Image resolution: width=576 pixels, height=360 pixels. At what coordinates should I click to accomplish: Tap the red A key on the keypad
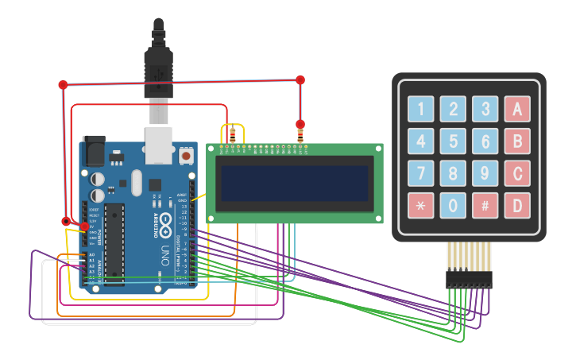[x=517, y=109]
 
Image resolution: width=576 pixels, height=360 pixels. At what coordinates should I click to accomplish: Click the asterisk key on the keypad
[x=421, y=206]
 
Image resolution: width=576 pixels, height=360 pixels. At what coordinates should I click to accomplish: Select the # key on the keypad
[x=485, y=206]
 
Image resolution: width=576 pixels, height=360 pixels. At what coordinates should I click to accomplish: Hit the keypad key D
[x=517, y=206]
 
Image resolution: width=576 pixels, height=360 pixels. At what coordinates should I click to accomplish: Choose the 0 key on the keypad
[x=453, y=206]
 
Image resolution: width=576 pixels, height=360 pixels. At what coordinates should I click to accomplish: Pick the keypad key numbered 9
[x=485, y=173]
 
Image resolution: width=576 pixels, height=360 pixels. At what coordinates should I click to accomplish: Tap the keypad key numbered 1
[x=421, y=109]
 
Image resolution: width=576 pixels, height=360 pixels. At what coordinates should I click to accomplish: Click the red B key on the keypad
[x=517, y=141]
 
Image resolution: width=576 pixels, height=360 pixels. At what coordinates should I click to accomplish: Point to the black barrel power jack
[x=93, y=151]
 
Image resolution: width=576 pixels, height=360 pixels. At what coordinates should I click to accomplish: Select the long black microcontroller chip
[x=114, y=243]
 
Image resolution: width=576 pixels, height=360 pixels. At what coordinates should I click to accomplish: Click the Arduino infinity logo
[x=164, y=222]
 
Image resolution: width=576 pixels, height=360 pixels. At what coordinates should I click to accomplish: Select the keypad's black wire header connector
[x=469, y=278]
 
